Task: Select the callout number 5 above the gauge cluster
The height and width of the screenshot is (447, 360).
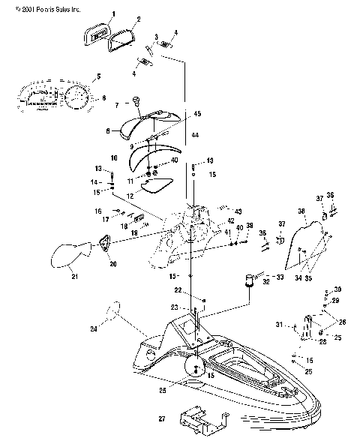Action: click(97, 77)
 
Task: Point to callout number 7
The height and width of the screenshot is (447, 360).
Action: click(116, 105)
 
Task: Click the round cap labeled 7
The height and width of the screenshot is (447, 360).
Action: click(136, 101)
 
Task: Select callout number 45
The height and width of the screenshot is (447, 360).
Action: click(197, 113)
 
